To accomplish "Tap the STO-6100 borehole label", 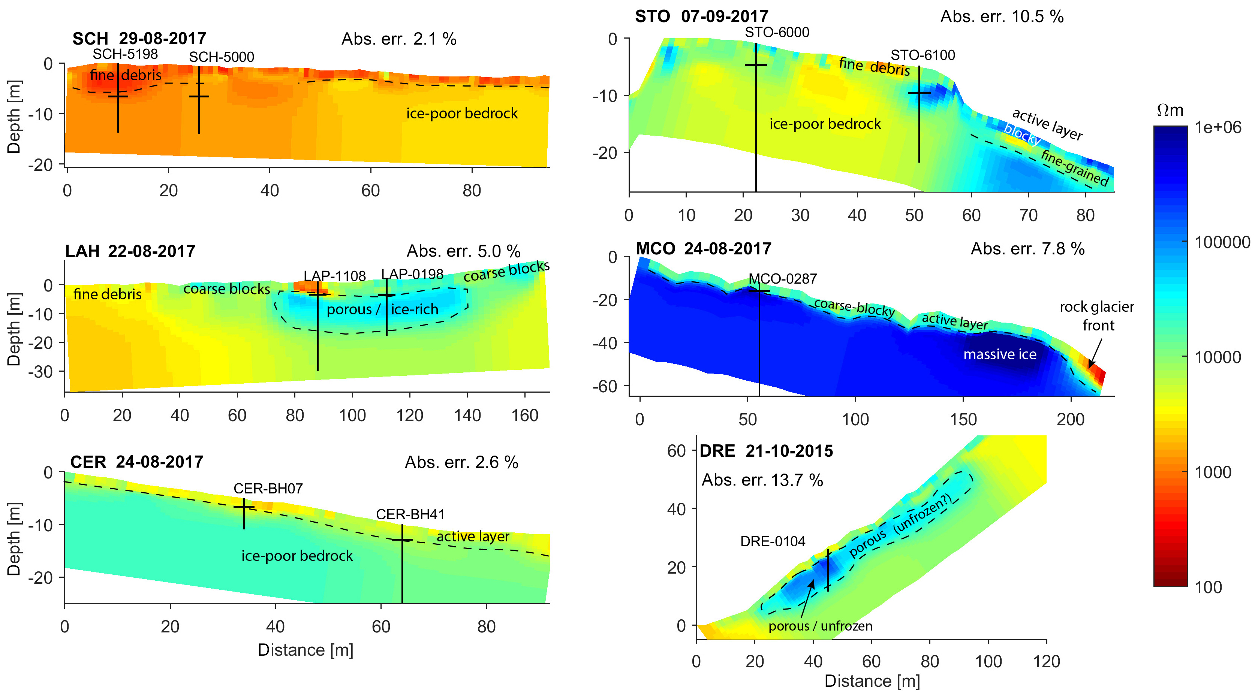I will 923,55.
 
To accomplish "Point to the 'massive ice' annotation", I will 1000,354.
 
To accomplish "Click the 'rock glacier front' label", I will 1097,316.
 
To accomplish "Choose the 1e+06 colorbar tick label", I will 1218,127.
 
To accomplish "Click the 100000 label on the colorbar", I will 1222,242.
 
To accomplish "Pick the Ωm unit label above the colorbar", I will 1170,110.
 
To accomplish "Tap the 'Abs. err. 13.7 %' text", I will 762,480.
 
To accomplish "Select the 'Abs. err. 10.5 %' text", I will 1002,16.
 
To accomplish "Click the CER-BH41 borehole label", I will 410,514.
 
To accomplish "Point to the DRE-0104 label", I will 773,541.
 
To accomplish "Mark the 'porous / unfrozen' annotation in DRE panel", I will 820,626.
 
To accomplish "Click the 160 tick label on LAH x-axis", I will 524,416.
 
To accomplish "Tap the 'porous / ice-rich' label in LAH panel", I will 382,309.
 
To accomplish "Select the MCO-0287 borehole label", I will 782,279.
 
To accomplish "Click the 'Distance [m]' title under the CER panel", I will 305,650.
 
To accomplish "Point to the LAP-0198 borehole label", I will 412,274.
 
